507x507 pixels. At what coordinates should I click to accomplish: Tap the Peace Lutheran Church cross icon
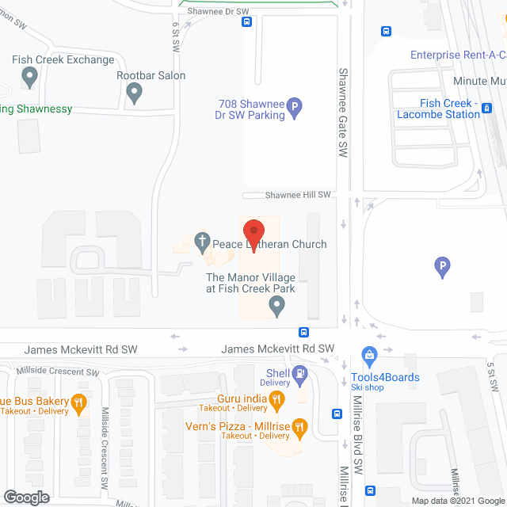point(202,242)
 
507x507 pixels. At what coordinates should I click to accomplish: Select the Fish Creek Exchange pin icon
point(30,78)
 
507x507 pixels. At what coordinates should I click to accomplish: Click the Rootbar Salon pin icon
point(135,93)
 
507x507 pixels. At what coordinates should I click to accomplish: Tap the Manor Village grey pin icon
point(276,307)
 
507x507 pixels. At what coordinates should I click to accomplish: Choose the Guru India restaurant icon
point(276,402)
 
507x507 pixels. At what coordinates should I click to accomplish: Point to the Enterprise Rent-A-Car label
point(458,55)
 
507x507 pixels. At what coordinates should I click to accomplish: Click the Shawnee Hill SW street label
point(298,195)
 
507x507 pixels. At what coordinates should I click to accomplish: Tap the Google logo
point(26,497)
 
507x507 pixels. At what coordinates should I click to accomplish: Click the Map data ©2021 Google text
point(457,501)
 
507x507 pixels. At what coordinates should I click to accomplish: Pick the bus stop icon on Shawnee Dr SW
point(248,22)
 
